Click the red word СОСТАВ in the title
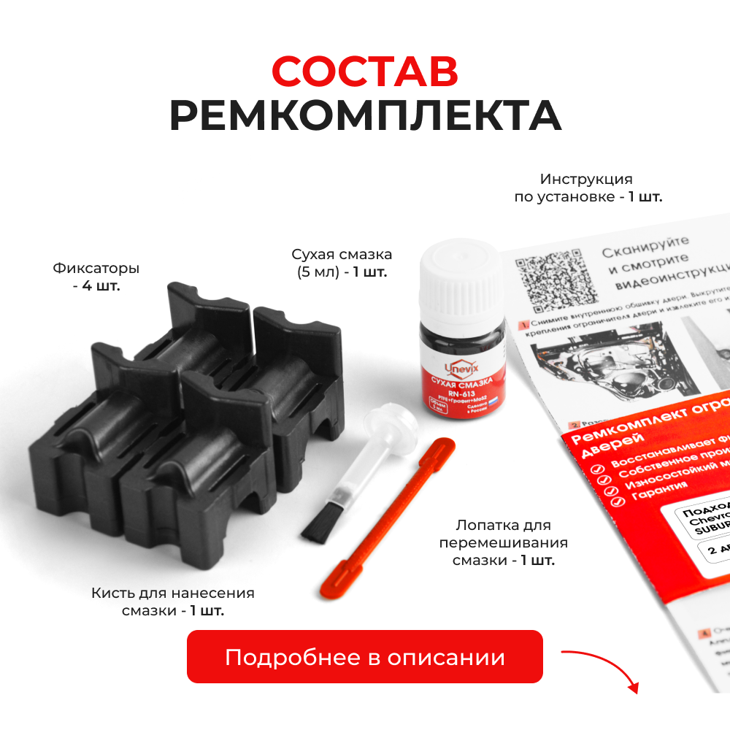click(365, 71)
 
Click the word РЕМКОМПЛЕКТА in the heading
click(365, 115)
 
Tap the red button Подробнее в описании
click(365, 657)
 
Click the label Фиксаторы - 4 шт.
click(96, 277)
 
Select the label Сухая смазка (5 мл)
click(342, 263)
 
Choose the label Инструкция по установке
click(587, 188)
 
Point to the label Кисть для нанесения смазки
click(173, 602)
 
